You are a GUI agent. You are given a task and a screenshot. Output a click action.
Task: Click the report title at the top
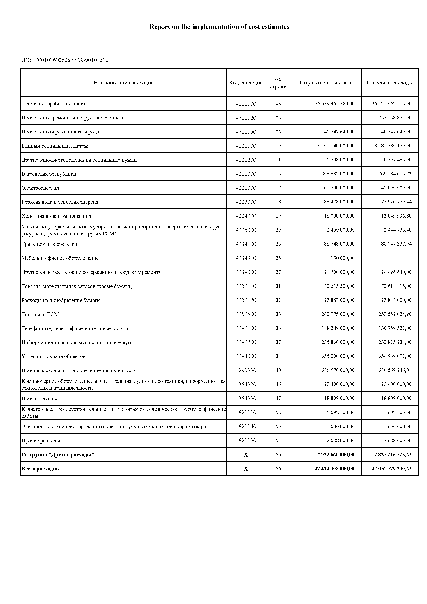219,27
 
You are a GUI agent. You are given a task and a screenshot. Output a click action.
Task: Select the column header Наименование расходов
123,83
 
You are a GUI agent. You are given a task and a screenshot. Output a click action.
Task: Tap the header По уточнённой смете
326,83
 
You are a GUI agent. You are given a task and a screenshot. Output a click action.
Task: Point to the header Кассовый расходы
389,83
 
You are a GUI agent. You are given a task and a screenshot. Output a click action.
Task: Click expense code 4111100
246,104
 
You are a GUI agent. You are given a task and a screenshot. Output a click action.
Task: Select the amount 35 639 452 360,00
334,104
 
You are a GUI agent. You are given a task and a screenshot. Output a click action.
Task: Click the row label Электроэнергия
40,188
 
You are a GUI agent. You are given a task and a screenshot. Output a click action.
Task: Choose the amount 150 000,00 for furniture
342,258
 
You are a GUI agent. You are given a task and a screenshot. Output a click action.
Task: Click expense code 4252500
246,314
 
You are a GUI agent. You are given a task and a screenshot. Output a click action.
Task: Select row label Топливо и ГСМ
40,314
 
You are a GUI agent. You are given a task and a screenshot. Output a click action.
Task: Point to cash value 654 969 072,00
395,356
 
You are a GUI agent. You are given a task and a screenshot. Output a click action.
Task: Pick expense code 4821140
246,426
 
